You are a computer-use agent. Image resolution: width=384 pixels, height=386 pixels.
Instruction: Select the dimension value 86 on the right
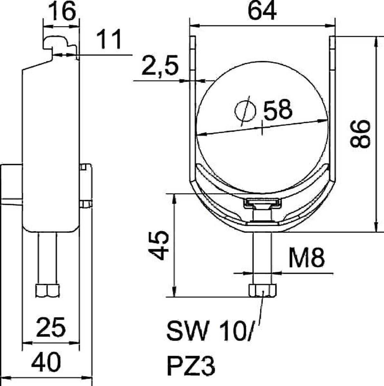pyautogui.click(x=360, y=134)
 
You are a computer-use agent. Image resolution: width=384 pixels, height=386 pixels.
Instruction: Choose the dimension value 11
pyautogui.click(x=109, y=40)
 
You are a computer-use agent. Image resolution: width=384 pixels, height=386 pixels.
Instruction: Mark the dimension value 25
pyautogui.click(x=51, y=327)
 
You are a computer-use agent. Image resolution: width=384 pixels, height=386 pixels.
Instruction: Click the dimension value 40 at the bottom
pyautogui.click(x=46, y=362)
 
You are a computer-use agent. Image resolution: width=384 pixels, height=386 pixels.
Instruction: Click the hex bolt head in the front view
pyautogui.click(x=262, y=290)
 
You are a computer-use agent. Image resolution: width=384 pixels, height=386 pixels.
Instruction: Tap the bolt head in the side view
pyautogui.click(x=47, y=290)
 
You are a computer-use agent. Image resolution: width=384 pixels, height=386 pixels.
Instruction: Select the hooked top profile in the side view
pyautogui.click(x=60, y=45)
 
